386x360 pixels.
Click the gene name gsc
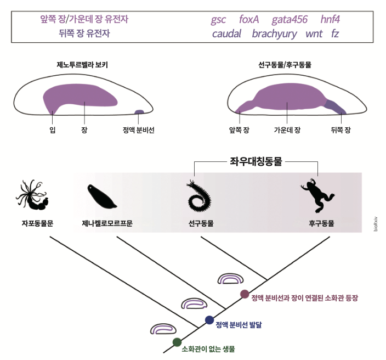pos(218,20)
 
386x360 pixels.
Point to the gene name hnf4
pos(330,20)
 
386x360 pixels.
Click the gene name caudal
pos(226,34)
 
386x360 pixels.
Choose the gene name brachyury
pos(274,34)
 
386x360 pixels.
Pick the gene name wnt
pos(314,34)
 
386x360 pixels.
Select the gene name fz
pos(335,34)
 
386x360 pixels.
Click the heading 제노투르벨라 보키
pos(82,64)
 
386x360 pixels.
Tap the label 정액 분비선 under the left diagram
pos(139,130)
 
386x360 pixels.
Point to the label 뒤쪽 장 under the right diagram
pos(340,130)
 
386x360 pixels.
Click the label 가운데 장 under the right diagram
pos(287,130)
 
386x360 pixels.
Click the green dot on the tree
pos(177,342)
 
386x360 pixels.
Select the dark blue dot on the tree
pos(209,320)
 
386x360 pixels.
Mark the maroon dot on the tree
pos(245,294)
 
